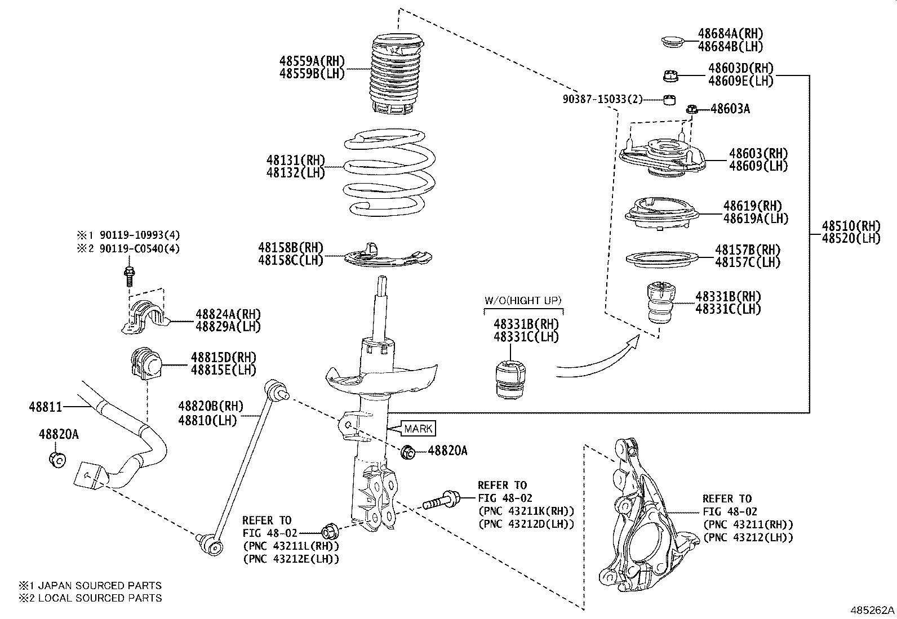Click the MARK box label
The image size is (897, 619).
tap(418, 429)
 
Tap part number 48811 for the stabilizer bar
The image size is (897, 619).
tap(46, 406)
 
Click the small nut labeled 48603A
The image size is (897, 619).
tap(692, 109)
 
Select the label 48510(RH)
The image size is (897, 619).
tap(850, 226)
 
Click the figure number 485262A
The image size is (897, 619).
tap(872, 609)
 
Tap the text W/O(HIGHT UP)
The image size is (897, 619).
tap(523, 301)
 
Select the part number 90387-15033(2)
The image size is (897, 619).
tap(602, 99)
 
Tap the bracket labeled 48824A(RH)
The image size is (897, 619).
tap(145, 318)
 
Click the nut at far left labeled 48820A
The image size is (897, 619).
tap(57, 458)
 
